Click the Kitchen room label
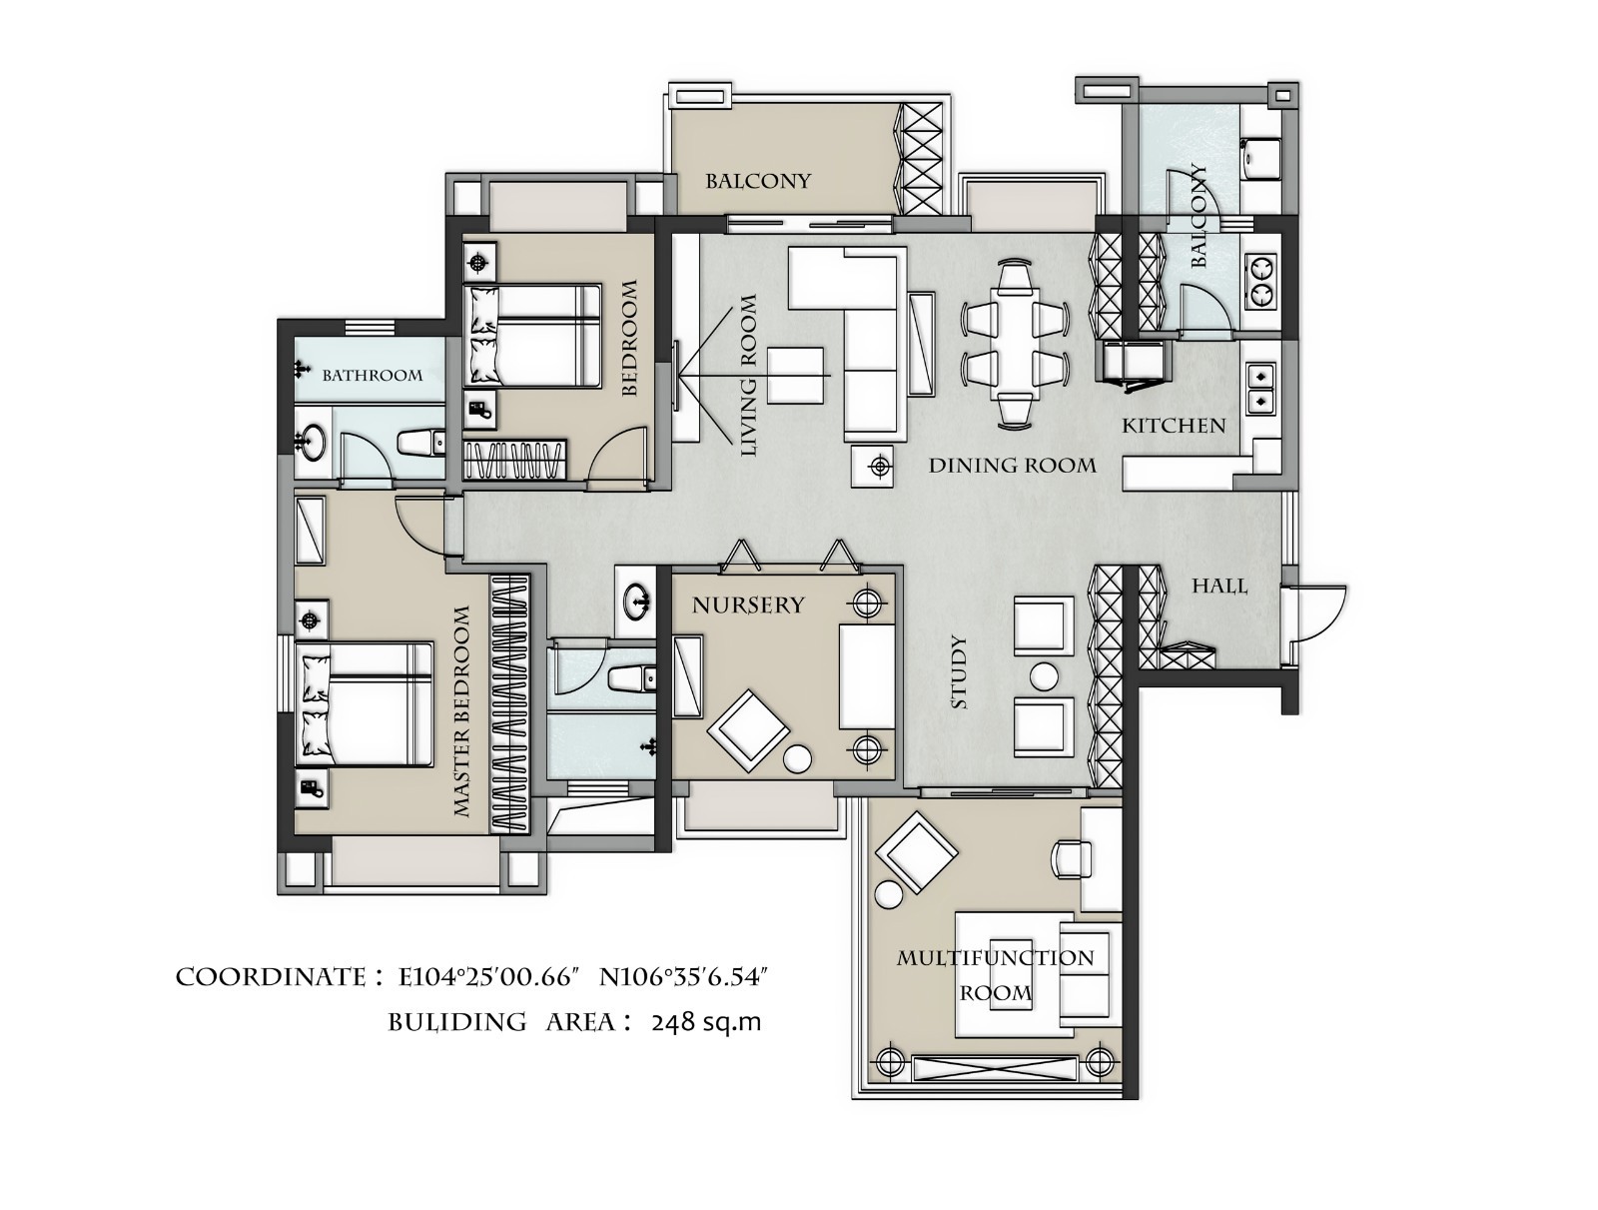(x=1173, y=426)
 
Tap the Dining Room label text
(x=1012, y=466)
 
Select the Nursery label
(x=748, y=605)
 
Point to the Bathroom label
(x=372, y=375)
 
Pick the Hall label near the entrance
(x=1219, y=586)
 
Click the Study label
(x=959, y=672)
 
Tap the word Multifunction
(x=995, y=957)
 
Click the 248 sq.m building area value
(x=706, y=1023)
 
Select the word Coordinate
(x=270, y=977)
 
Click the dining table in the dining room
(x=1016, y=342)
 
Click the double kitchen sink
(x=1261, y=388)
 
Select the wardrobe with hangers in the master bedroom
(x=510, y=703)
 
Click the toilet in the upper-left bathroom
(x=421, y=443)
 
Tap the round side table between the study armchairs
(x=1044, y=677)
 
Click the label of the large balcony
(x=758, y=181)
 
